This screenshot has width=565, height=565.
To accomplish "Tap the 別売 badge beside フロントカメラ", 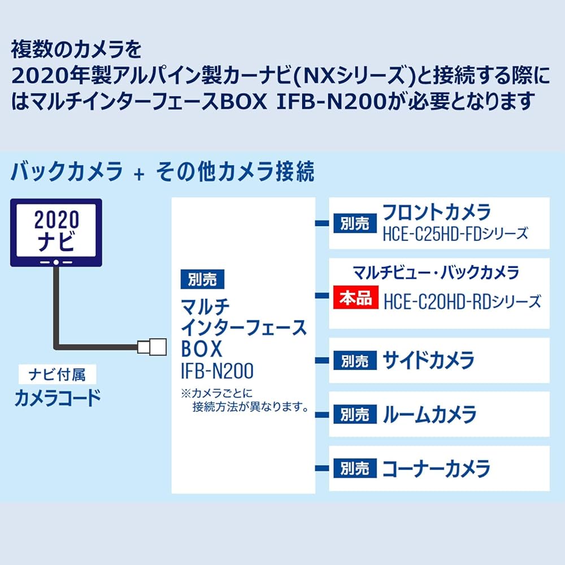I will [355, 224].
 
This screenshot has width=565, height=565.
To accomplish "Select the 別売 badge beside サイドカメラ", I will [355, 360].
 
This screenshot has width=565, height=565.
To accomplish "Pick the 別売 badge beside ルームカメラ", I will [355, 415].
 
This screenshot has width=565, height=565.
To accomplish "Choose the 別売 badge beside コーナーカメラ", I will [355, 468].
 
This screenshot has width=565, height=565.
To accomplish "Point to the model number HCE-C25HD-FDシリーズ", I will [455, 233].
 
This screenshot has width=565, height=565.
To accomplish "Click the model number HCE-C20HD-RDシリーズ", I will [462, 301].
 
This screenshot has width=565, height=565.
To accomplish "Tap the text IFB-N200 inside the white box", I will [217, 371].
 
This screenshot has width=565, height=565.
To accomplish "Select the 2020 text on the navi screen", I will [56, 219].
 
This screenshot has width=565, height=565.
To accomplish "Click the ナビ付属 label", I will [56, 374].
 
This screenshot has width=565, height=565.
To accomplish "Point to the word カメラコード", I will [57, 398].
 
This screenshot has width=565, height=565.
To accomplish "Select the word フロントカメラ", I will [437, 212].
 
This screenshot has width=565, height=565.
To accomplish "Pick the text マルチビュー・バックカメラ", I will [436, 273].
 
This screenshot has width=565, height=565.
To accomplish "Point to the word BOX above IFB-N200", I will [202, 349].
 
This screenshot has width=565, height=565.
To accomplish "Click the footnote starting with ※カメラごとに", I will [244, 399].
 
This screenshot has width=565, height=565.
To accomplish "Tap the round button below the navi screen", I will [56, 263].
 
